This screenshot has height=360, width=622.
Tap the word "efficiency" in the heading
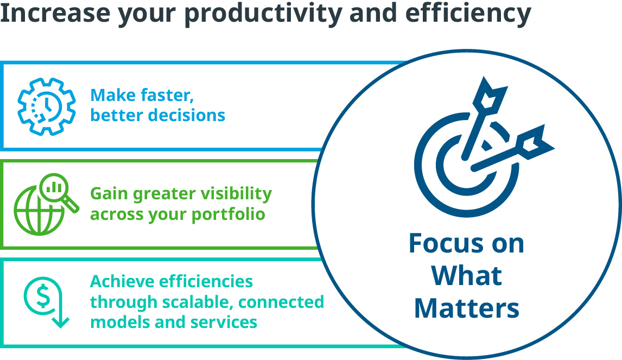point(468,14)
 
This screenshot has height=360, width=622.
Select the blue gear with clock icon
point(47,106)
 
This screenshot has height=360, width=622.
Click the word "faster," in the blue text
point(167,96)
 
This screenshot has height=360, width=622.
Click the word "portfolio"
point(228,214)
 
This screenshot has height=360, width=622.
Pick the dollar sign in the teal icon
point(43,298)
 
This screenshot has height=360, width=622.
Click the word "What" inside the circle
point(467,275)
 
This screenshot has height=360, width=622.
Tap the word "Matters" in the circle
point(467,308)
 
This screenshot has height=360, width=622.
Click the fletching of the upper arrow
point(490,95)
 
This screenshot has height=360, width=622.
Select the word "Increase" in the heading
point(55,13)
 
